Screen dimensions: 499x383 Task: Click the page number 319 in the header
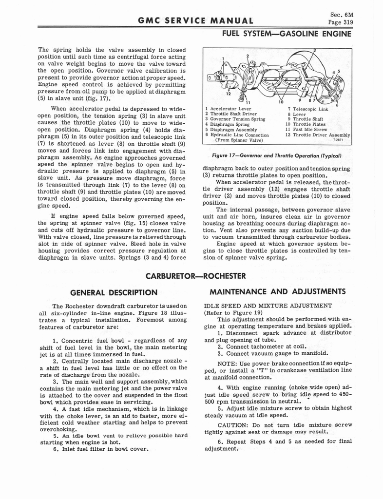point(346,22)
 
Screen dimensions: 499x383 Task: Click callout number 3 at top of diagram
point(315,50)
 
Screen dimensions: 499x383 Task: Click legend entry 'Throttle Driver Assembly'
point(317,135)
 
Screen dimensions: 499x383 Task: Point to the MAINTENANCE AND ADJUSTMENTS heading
point(278,292)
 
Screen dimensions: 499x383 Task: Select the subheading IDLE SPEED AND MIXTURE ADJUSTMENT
point(261,306)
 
